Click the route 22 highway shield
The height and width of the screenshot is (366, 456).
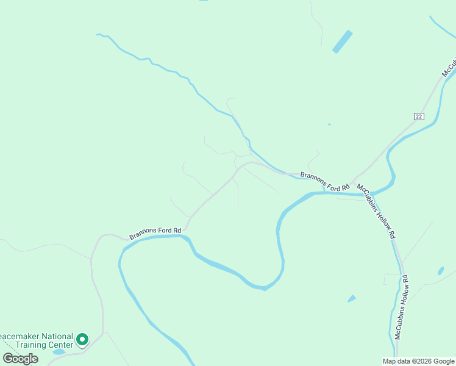pos(418,117)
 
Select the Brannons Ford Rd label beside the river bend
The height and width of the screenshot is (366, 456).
pos(155,233)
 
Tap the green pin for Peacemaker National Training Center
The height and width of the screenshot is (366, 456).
pos(82,339)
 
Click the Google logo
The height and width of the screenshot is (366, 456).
pos(20,359)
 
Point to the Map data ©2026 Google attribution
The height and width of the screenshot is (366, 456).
pos(418,361)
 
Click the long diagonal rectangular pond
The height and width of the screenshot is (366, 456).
pos(342,41)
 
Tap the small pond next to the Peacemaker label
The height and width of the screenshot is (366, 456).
pos(59,351)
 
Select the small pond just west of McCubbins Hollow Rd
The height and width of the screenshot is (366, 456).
pos(352,298)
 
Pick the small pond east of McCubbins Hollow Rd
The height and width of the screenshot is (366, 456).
pos(441,270)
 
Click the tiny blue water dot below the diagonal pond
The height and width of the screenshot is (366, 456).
pos(329,124)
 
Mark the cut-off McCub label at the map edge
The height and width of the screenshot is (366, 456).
pos(449,68)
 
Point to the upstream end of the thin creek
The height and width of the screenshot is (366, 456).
pos(98,35)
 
